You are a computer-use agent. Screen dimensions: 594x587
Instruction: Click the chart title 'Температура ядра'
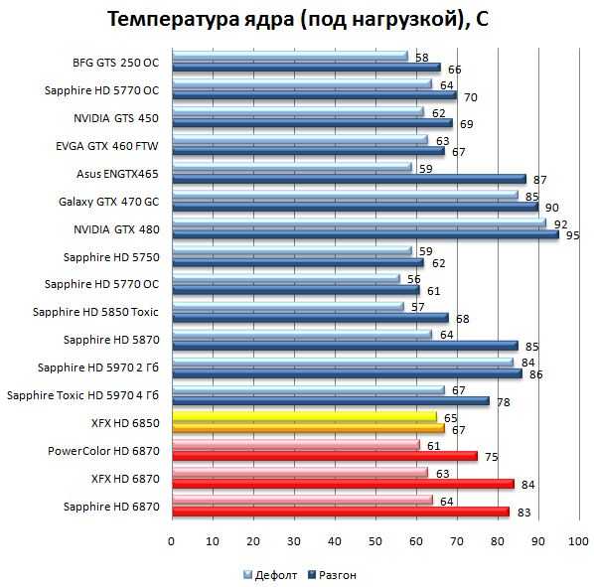click(x=201, y=19)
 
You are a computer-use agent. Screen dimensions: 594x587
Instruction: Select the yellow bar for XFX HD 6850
click(x=305, y=416)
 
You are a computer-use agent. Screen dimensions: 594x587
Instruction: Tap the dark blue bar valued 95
click(x=366, y=234)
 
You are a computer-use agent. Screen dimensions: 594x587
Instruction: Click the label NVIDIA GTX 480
click(x=116, y=229)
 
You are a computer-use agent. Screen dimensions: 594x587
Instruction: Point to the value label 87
click(x=539, y=180)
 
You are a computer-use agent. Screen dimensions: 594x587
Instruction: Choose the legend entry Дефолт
click(x=270, y=575)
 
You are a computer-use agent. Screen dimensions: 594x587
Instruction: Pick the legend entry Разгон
click(x=333, y=575)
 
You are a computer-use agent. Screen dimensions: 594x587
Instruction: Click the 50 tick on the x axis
click(x=375, y=541)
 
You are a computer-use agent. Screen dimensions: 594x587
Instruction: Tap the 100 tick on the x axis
click(x=578, y=541)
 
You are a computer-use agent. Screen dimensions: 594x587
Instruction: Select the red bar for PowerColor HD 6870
click(x=325, y=456)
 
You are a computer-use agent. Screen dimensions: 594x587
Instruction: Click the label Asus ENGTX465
click(x=117, y=174)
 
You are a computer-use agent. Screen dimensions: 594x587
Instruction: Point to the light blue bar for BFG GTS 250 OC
click(x=290, y=56)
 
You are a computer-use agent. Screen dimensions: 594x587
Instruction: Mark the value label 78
click(x=504, y=402)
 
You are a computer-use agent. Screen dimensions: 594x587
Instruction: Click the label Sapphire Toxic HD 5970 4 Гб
click(x=83, y=395)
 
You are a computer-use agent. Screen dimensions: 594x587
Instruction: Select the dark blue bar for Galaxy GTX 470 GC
click(x=356, y=208)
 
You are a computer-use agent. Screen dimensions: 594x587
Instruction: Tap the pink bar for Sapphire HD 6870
click(x=303, y=500)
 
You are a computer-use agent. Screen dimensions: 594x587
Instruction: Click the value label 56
click(x=414, y=279)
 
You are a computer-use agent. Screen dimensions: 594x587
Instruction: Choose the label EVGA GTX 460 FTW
click(x=107, y=146)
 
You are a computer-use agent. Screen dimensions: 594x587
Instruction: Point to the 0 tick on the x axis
click(x=171, y=541)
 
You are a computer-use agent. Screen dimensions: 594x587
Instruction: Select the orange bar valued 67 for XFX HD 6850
click(x=309, y=428)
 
